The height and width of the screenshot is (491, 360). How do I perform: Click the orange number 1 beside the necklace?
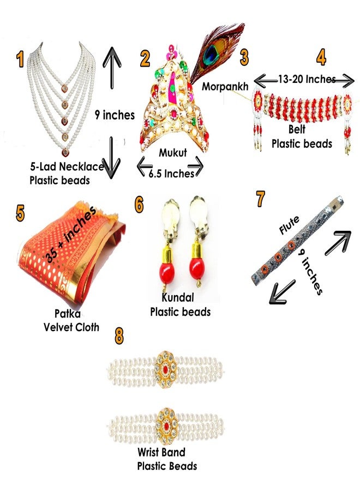coord(20,59)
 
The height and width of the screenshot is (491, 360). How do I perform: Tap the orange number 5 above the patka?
coord(20,213)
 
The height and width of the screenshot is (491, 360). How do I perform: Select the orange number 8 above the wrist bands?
coord(119,336)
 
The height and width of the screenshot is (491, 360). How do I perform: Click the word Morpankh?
coord(225,86)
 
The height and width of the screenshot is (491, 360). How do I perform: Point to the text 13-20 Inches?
coord(307,79)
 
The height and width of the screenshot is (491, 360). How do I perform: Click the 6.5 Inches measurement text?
coord(171,173)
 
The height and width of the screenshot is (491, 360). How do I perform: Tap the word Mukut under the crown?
coord(173,153)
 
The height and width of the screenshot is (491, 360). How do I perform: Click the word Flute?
coord(289,225)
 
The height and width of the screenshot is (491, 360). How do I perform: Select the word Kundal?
coord(178,297)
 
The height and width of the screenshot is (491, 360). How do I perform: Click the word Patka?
coord(68,314)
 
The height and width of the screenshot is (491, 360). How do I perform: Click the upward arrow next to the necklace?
coord(112,68)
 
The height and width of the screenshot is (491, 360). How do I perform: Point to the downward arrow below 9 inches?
coord(112,158)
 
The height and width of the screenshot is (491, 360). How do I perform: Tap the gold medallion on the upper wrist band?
coord(165,369)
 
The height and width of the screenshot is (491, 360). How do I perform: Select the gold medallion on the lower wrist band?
coord(166,426)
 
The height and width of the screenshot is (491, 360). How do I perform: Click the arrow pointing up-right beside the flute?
coord(338,243)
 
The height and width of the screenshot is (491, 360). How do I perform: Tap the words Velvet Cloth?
coord(71,327)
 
